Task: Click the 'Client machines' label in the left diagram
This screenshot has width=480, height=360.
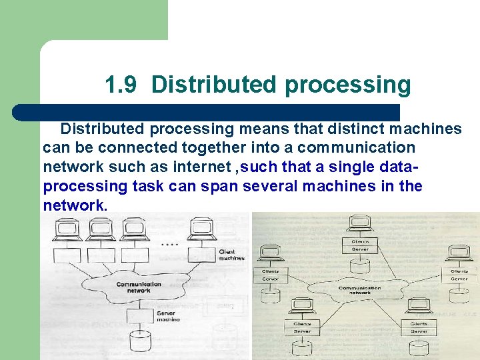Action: point(231,255)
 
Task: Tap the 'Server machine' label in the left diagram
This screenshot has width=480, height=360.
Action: point(168,316)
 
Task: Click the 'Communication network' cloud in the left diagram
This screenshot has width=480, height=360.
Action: point(138,287)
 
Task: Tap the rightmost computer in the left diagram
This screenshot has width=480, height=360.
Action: point(201,229)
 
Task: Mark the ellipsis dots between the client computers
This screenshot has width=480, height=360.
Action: point(169,245)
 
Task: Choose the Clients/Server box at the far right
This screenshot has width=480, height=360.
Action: point(459,275)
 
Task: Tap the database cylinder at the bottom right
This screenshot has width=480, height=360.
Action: point(419,347)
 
